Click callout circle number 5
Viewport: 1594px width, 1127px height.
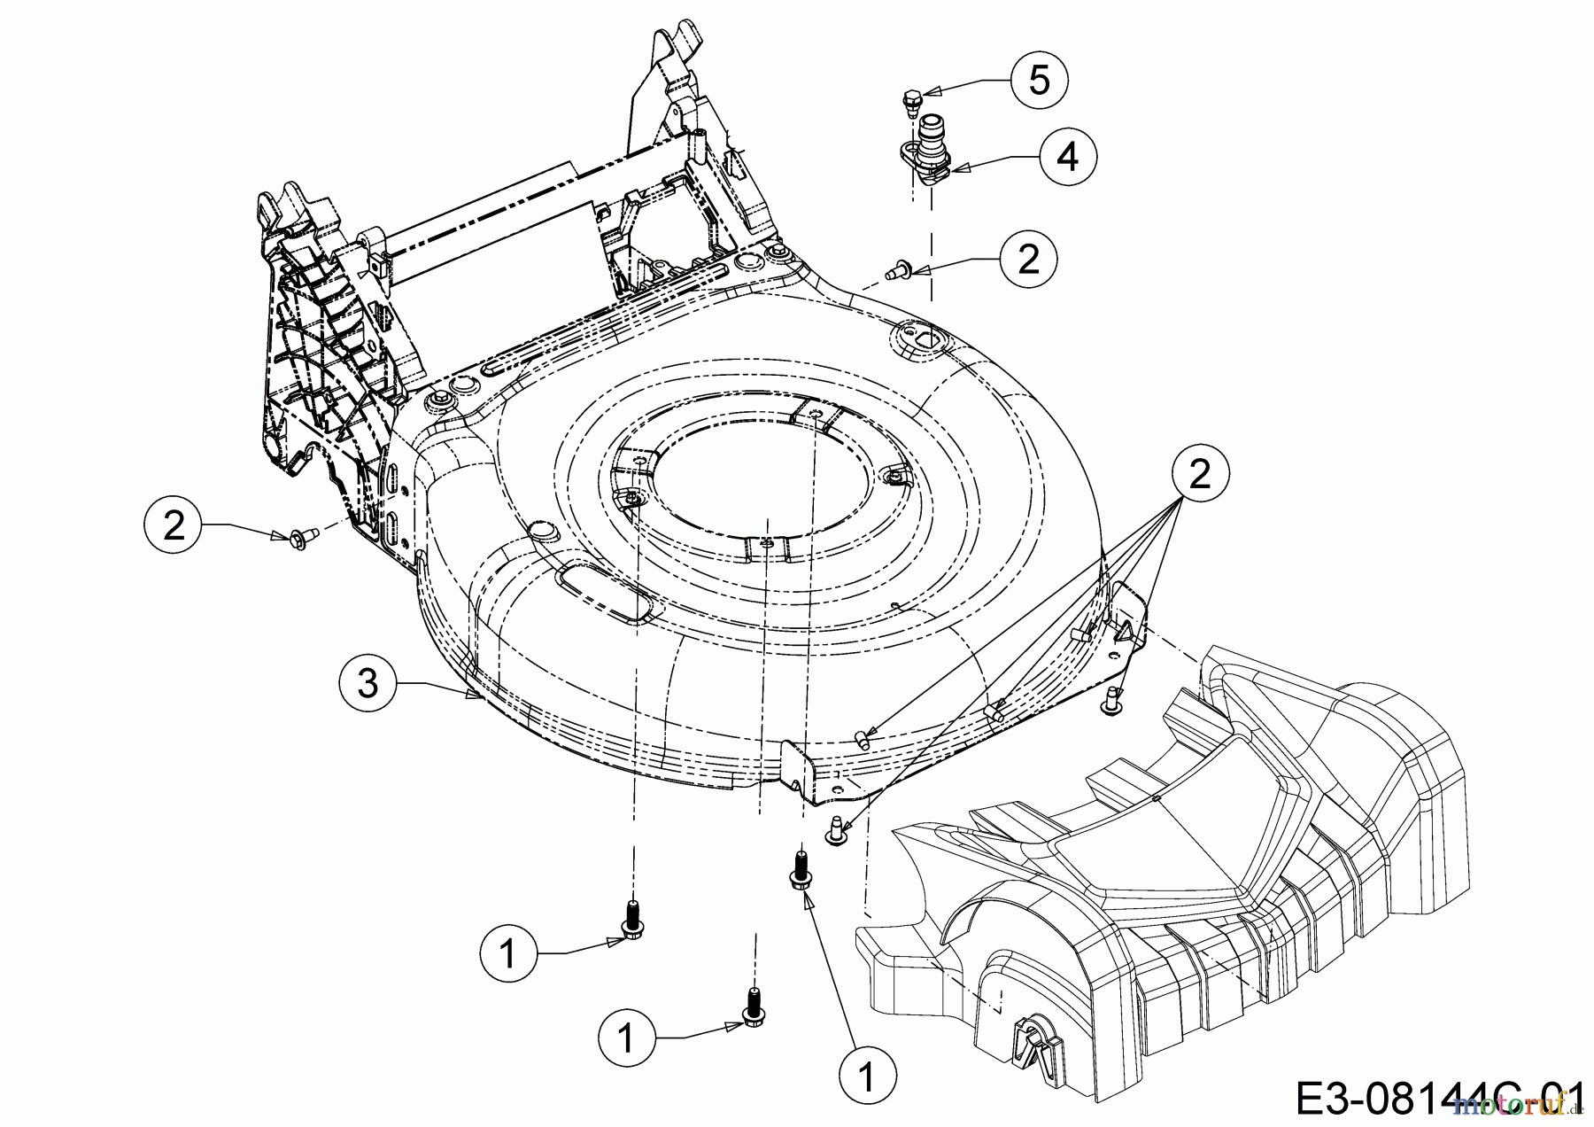pyautogui.click(x=1039, y=80)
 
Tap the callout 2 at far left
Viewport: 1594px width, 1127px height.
pyautogui.click(x=174, y=525)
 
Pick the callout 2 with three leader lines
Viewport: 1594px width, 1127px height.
pyautogui.click(x=1199, y=476)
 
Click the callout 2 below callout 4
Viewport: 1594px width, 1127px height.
pyautogui.click(x=1027, y=259)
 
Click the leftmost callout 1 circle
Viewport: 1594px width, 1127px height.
pyautogui.click(x=508, y=953)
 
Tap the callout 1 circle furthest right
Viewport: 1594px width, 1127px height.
pyautogui.click(x=867, y=1076)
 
